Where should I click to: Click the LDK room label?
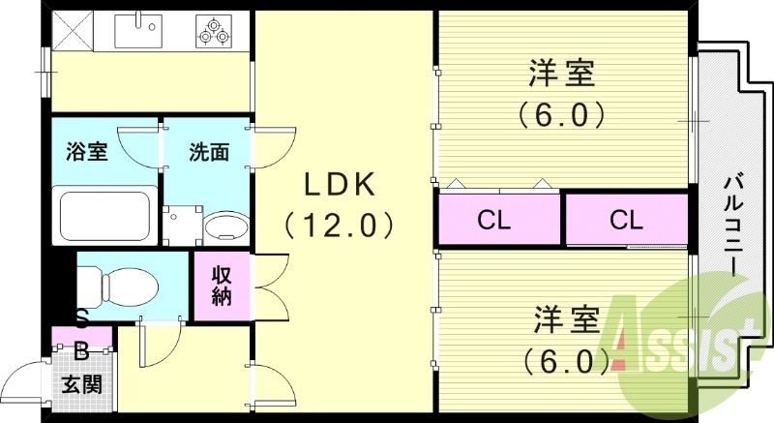click(338, 184)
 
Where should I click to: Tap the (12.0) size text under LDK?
click(338, 226)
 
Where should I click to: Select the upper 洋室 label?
click(561, 74)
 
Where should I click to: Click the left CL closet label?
click(493, 220)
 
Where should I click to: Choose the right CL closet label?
click(626, 220)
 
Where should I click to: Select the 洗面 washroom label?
click(208, 152)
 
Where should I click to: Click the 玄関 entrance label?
click(82, 384)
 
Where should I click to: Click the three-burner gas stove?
click(215, 30)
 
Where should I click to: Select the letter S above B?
click(82, 317)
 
